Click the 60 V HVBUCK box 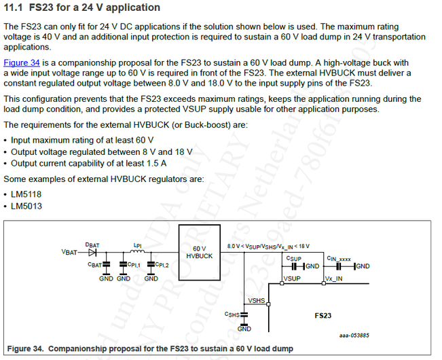tap(199, 252)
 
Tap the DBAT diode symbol tap(92, 251)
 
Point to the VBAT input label tap(69, 252)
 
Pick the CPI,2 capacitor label tap(162, 265)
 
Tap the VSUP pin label tap(292, 278)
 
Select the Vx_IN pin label tap(334, 278)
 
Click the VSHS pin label tap(257, 300)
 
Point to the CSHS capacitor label tap(231, 314)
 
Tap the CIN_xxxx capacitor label tap(339, 258)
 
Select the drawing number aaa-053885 tap(354, 335)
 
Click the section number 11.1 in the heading tap(14, 8)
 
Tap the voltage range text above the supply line tap(268, 246)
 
